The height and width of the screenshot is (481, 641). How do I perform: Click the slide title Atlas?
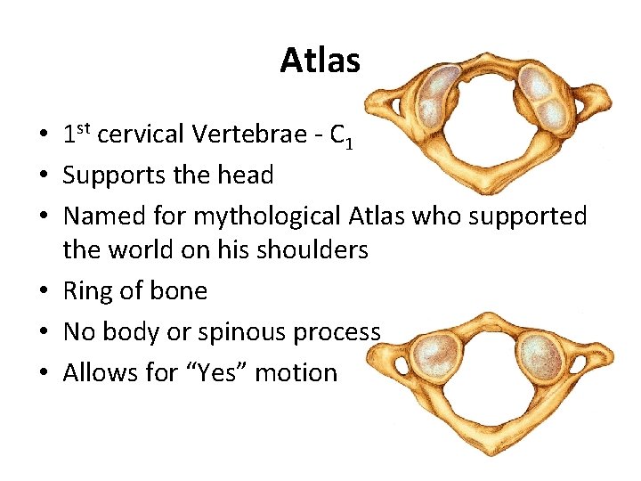[320, 61]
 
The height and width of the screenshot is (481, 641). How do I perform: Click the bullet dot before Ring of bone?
[43, 292]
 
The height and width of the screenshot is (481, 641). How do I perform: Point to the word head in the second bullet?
[248, 175]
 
